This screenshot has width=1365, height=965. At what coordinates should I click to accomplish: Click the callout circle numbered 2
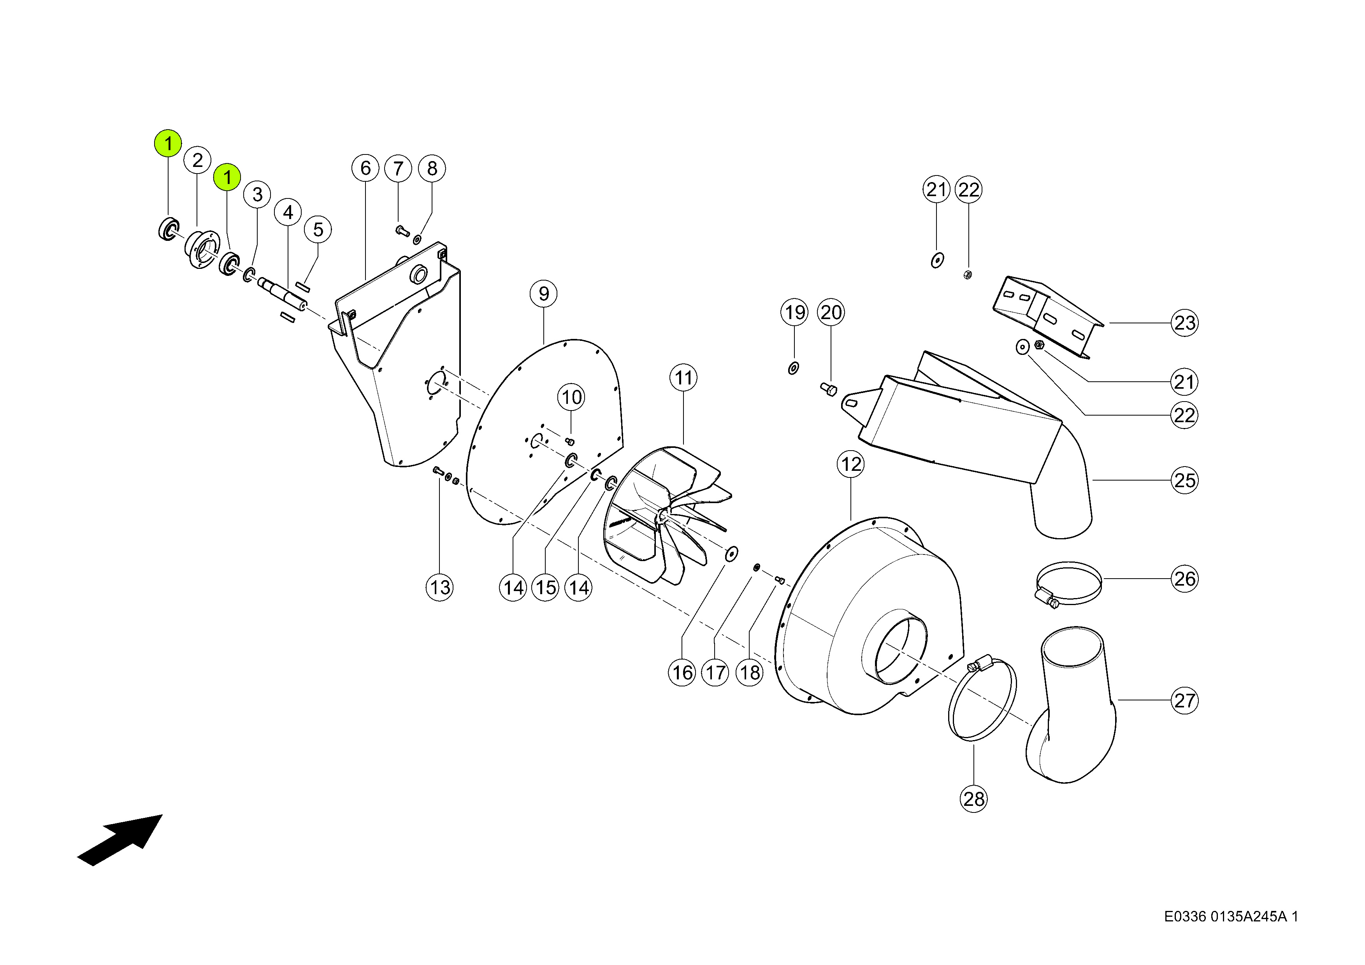tap(197, 160)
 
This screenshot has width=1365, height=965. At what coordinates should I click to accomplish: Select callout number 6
tap(365, 168)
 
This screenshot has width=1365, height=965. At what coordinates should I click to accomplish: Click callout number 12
tap(851, 463)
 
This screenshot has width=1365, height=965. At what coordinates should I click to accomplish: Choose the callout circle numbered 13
tap(440, 588)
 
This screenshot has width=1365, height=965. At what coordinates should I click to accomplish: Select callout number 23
tap(1184, 323)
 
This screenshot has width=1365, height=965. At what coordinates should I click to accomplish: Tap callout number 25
tap(1184, 480)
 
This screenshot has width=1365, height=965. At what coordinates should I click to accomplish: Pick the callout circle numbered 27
tap(1184, 700)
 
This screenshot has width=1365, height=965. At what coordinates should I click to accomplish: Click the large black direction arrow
tap(120, 840)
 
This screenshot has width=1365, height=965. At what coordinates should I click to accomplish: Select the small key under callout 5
tap(303, 288)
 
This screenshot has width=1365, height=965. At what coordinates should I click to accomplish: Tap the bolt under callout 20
tap(829, 389)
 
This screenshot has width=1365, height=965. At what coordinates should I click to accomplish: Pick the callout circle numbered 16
tap(682, 673)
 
